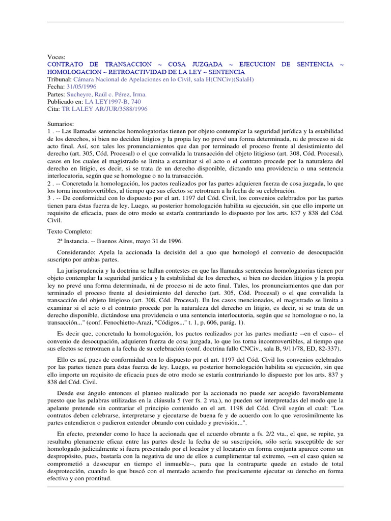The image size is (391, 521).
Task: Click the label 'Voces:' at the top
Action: (56, 57)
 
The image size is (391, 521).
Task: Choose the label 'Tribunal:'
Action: (59, 79)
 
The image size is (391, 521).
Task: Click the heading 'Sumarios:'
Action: (61, 124)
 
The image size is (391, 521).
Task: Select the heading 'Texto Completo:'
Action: (69, 231)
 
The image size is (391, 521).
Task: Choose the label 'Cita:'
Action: (53, 109)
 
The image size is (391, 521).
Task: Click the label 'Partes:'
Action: (56, 95)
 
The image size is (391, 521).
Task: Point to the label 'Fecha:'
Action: (56, 87)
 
